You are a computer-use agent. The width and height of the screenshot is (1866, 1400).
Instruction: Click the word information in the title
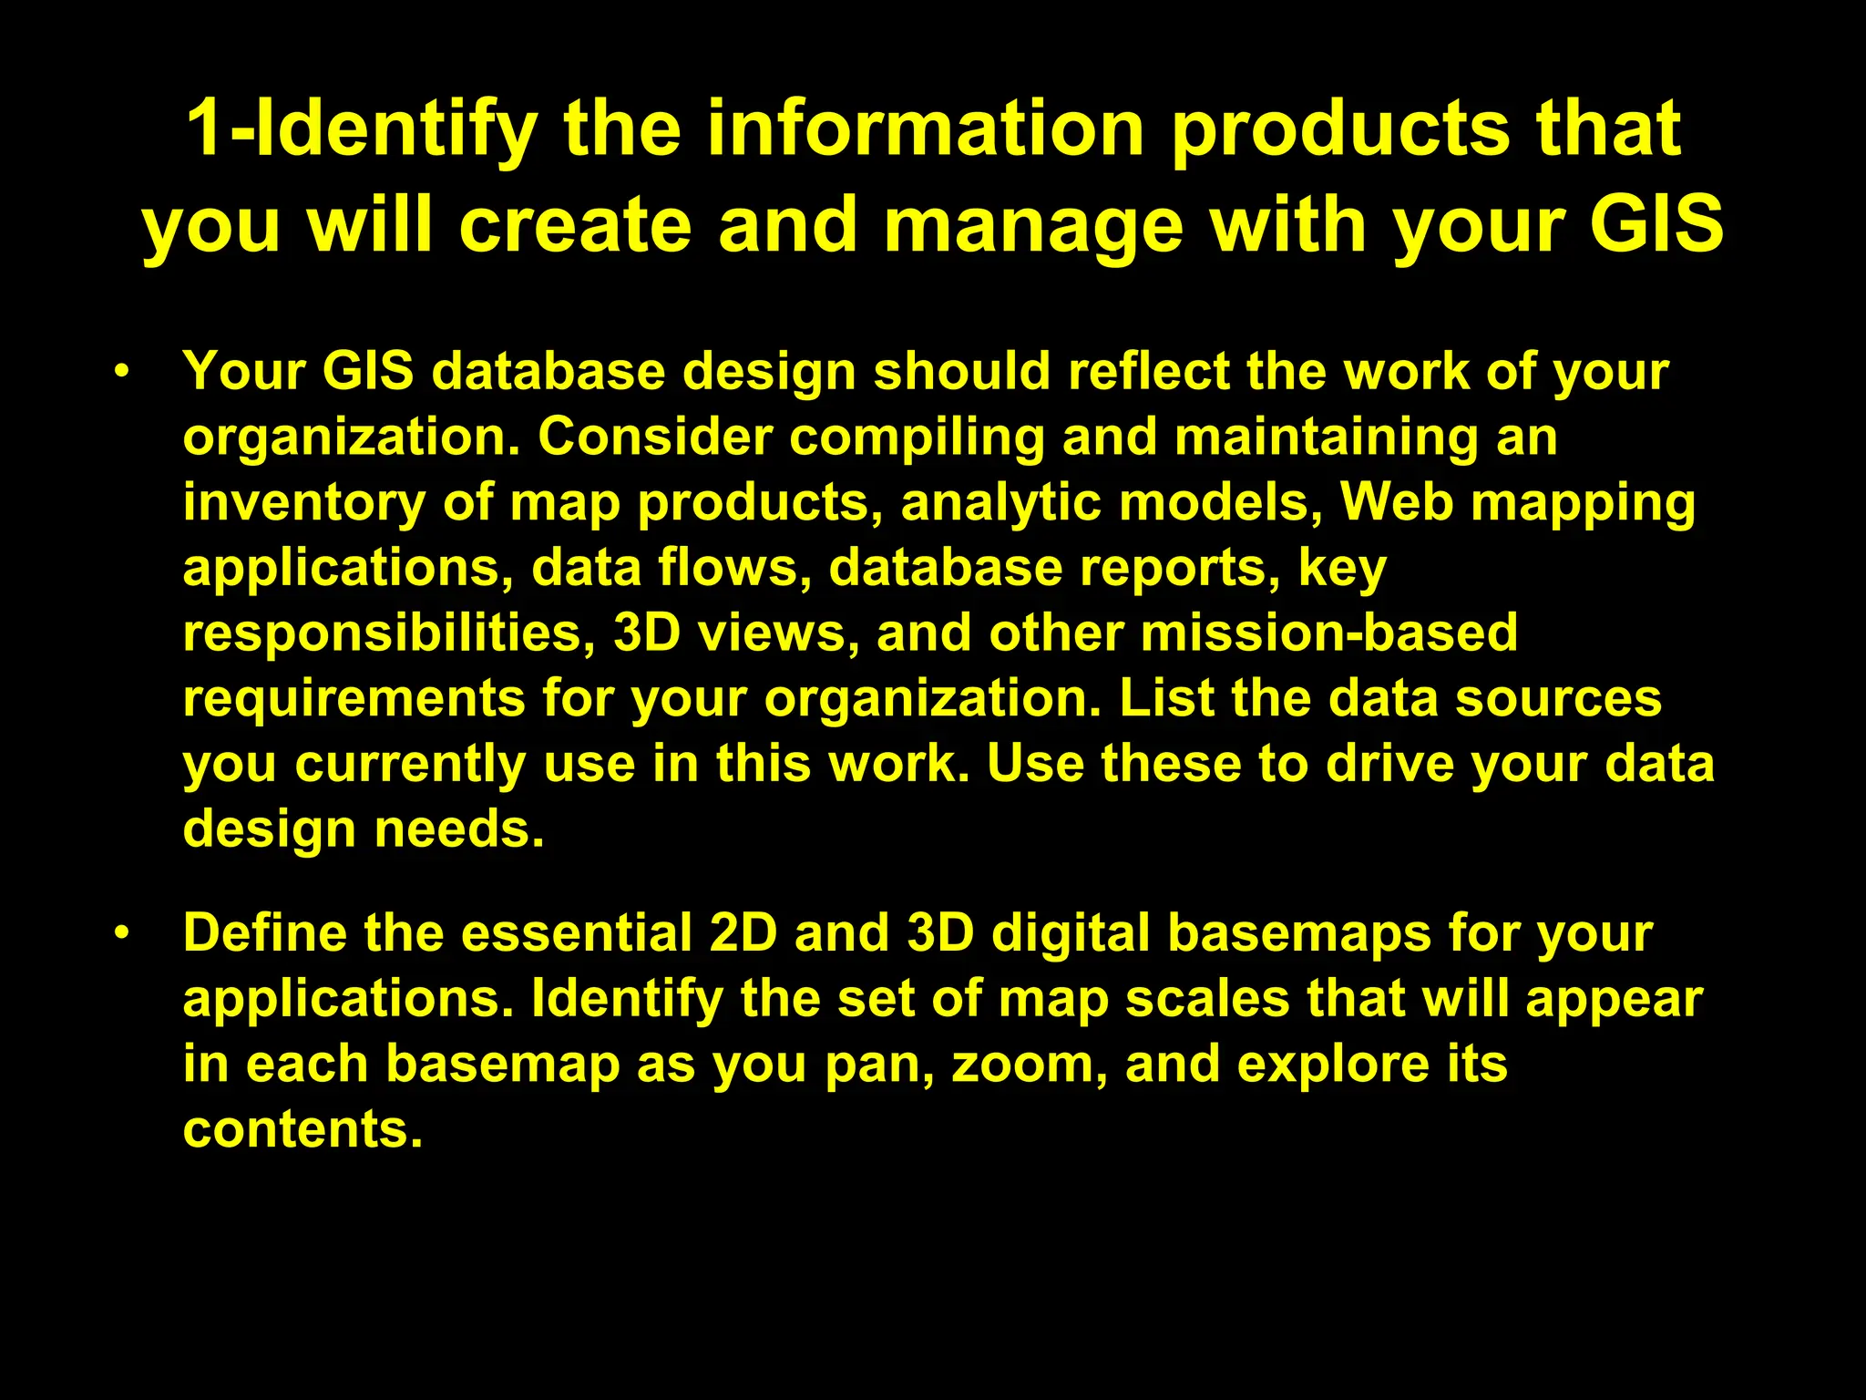[x=926, y=129]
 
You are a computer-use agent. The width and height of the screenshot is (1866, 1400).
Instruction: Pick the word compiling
[x=917, y=438]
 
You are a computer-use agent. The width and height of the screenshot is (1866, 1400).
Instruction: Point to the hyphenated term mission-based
[x=1329, y=633]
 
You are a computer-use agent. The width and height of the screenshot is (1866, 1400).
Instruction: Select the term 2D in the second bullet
[x=743, y=932]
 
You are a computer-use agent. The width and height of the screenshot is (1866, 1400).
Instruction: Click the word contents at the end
[x=302, y=1129]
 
